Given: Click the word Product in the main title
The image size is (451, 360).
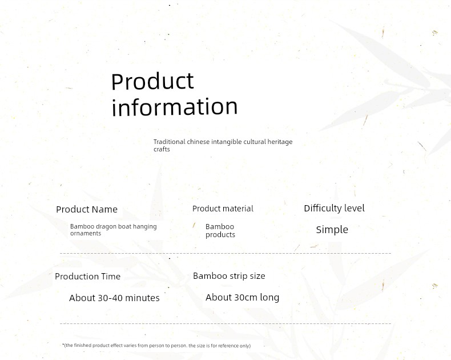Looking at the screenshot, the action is pyautogui.click(x=152, y=81).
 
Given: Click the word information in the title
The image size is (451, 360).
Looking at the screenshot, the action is pyautogui.click(x=175, y=106).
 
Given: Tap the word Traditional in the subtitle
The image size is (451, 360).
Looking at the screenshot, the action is pyautogui.click(x=170, y=142).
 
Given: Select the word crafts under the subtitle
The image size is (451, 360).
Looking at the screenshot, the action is pyautogui.click(x=162, y=149).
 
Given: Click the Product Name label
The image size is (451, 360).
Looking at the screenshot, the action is pyautogui.click(x=87, y=209).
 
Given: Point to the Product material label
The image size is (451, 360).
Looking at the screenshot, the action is pyautogui.click(x=223, y=209).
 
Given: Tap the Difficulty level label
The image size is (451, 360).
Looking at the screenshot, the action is pyautogui.click(x=334, y=208).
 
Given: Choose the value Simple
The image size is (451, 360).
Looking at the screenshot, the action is pyautogui.click(x=332, y=230).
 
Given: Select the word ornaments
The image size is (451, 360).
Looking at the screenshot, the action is pyautogui.click(x=86, y=233).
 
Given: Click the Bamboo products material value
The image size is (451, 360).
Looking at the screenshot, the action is pyautogui.click(x=220, y=231).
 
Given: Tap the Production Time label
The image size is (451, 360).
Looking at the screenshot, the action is pyautogui.click(x=87, y=277).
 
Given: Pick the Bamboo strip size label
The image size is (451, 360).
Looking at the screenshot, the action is pyautogui.click(x=229, y=276).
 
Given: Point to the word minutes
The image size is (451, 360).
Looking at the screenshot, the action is pyautogui.click(x=142, y=298).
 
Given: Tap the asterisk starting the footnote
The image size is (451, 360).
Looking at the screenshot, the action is pyautogui.click(x=63, y=345).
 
